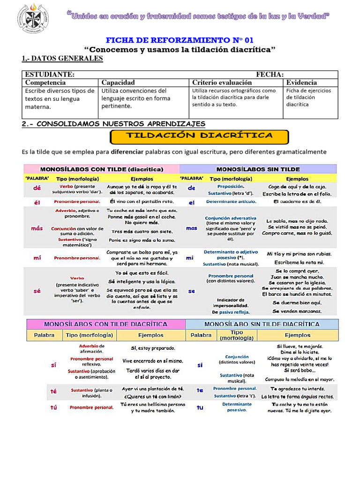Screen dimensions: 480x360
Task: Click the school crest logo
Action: pyautogui.click(x=32, y=19)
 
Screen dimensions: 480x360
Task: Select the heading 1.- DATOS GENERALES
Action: pyautogui.click(x=62, y=58)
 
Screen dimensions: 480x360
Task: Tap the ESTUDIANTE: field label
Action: pyautogui.click(x=50, y=75)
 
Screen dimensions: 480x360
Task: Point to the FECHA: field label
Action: pyautogui.click(x=270, y=75)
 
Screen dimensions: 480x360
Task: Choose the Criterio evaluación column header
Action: pyautogui.click(x=222, y=82)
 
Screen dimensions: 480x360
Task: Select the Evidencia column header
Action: pyautogui.click(x=302, y=82)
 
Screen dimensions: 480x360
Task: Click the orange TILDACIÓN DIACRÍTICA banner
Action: pyautogui.click(x=199, y=136)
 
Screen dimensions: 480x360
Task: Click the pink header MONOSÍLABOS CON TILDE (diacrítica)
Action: pyautogui.click(x=102, y=169)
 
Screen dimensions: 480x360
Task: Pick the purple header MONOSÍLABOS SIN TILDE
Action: pyautogui.click(x=258, y=169)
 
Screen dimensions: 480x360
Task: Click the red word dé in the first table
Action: pyautogui.click(x=37, y=188)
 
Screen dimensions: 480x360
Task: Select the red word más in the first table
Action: pyautogui.click(x=37, y=228)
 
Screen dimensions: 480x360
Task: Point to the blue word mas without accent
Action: pyautogui.click(x=192, y=228)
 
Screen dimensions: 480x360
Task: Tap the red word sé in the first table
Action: pyautogui.click(x=37, y=291)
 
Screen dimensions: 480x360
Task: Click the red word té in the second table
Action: pyautogui.click(x=53, y=390)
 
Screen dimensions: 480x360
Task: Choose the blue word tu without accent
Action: pyautogui.click(x=200, y=407)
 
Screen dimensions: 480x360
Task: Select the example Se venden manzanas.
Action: pyautogui.click(x=297, y=311)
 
